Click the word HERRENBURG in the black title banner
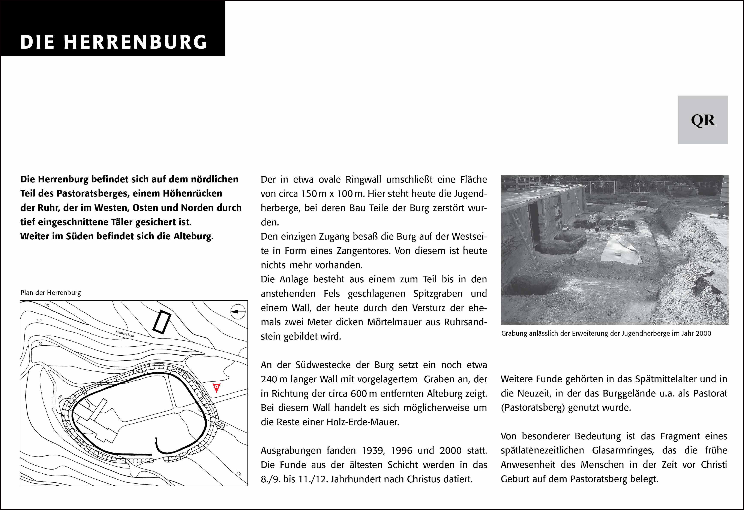[135, 42]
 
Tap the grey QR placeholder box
[703, 120]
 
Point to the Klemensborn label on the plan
[125, 334]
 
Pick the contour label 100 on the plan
[47, 305]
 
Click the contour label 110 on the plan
[39, 320]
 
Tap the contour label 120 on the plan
[40, 343]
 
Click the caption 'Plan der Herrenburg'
[51, 292]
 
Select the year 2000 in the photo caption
[703, 333]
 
